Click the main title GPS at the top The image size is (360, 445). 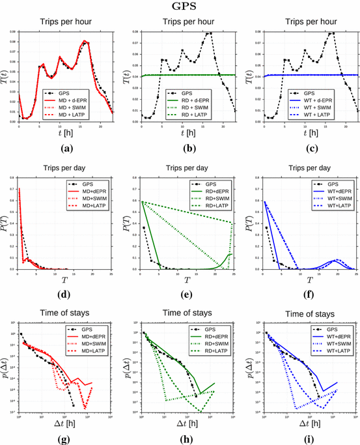180,7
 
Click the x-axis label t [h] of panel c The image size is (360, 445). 308,134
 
